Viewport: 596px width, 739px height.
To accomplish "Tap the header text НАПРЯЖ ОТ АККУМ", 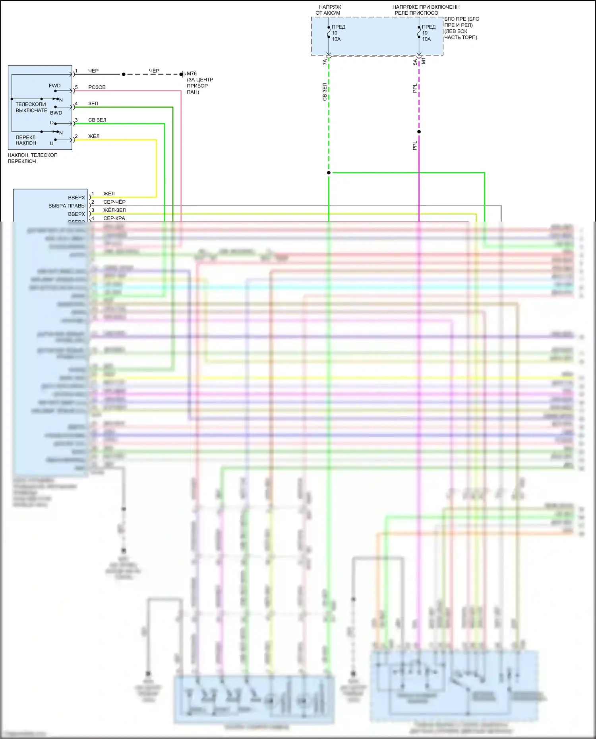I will coord(329,10).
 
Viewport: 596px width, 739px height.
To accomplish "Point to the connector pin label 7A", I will coord(325,62).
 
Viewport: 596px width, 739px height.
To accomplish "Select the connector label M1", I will coord(424,61).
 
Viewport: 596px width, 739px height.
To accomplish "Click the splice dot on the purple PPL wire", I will coord(419,132).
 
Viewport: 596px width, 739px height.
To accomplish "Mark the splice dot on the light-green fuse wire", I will coord(329,173).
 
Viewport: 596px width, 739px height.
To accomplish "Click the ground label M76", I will coord(192,73).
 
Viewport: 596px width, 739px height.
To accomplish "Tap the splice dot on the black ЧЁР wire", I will coord(124,74).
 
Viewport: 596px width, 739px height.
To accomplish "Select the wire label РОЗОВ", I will coord(97,87).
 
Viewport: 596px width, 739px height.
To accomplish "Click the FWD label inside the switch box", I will coord(55,86).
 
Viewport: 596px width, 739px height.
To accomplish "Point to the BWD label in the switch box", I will coord(56,113).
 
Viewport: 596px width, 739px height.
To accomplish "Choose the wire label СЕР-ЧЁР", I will coord(114,202).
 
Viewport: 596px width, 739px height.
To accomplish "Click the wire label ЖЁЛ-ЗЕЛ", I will coord(114,210).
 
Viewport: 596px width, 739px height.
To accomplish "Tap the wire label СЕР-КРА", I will coord(114,218).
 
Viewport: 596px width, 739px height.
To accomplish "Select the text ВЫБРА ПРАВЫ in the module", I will coord(67,206).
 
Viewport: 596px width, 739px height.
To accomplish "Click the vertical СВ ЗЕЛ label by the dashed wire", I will coord(325,92).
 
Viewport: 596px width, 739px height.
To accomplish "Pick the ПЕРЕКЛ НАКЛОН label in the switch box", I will coord(26,140).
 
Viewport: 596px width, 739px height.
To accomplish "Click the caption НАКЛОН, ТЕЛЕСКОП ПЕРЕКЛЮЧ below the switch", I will coord(33,158).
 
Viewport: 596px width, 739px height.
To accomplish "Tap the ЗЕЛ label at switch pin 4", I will coord(93,104).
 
